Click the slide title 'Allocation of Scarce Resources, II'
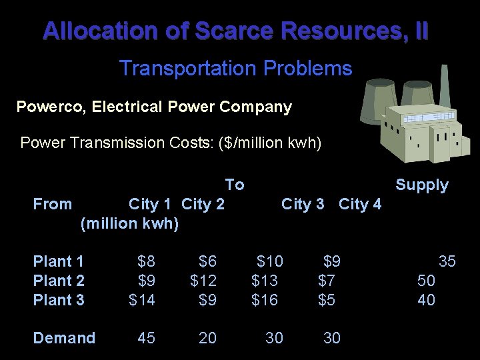click(236, 31)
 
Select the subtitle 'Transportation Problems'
click(235, 68)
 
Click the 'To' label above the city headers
click(235, 185)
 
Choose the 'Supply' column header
click(422, 185)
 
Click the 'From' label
click(53, 204)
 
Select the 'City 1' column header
click(152, 204)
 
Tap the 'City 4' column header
click(360, 204)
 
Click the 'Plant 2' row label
click(59, 281)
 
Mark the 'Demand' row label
click(64, 338)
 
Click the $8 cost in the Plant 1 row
click(146, 261)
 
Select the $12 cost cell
click(203, 281)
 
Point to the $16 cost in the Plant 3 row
click(265, 300)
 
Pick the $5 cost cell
click(327, 300)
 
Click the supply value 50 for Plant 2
click(427, 281)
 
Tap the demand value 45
click(147, 338)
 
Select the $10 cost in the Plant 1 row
click(270, 261)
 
